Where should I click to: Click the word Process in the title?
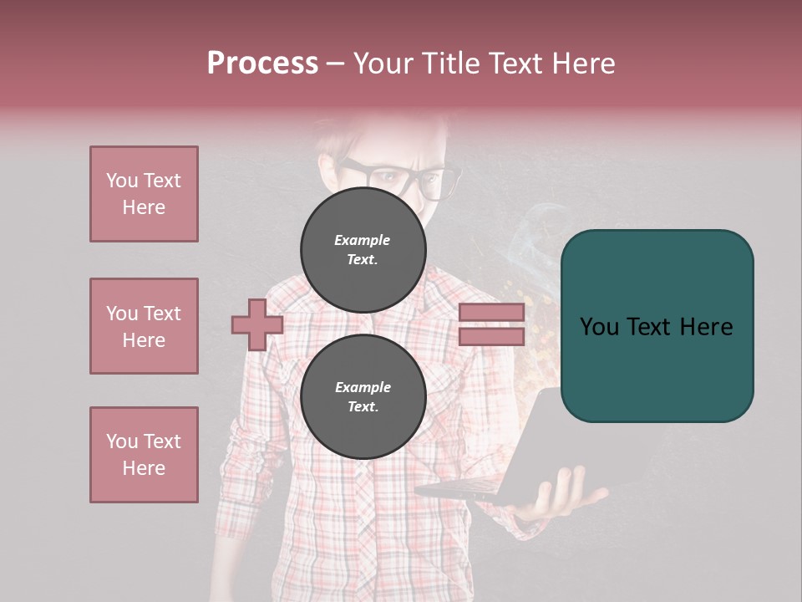[x=262, y=64]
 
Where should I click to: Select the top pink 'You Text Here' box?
[x=144, y=194]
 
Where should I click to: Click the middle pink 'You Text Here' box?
[x=144, y=326]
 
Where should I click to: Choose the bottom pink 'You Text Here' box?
[x=144, y=455]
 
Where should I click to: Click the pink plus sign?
[x=257, y=324]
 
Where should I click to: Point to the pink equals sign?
[x=491, y=324]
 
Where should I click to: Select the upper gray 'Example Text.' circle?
[x=363, y=250]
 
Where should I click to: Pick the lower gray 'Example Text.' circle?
[x=363, y=397]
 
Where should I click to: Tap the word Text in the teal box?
[x=647, y=327]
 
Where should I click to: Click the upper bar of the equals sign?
[x=491, y=313]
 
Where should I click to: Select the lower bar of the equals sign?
[x=491, y=336]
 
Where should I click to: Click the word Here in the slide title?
[x=581, y=64]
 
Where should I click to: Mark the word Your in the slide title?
[x=384, y=64]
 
